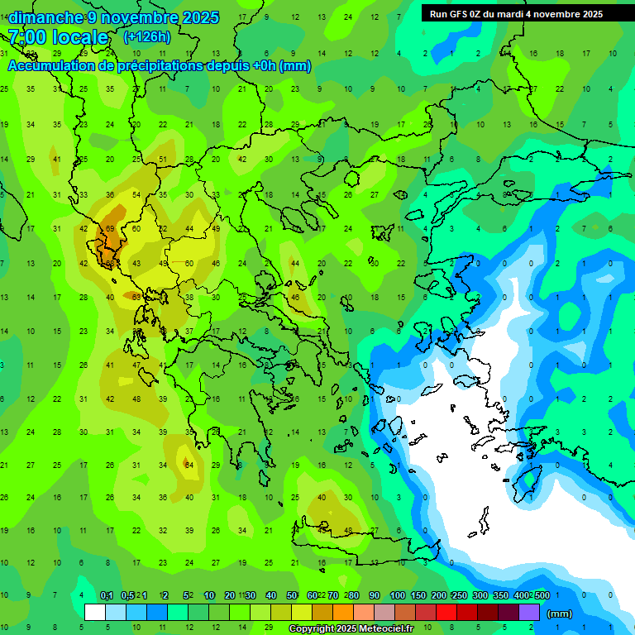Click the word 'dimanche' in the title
[x=45, y=17]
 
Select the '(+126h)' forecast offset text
[x=146, y=37]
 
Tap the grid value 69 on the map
[x=109, y=229]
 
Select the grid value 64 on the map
[x=189, y=465]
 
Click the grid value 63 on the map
[x=136, y=297]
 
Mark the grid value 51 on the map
[x=163, y=160]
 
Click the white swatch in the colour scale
[x=95, y=613]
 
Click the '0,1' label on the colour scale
[x=107, y=596]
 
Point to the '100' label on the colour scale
[x=398, y=596]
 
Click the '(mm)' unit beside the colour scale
[x=560, y=614]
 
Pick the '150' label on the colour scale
[x=418, y=596]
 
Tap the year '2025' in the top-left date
[x=201, y=17]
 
